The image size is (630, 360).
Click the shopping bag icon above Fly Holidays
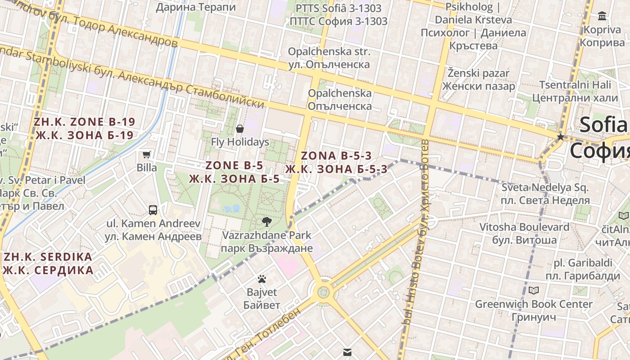(240, 129)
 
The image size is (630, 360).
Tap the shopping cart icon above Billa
(146, 155)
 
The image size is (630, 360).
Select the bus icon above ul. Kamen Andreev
(153, 210)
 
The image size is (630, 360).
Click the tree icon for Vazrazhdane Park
(266, 221)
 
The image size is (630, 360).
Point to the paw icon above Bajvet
(262, 279)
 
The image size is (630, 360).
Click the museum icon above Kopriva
(602, 17)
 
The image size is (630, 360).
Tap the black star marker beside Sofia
(560, 136)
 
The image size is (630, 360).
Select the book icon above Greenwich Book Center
(534, 290)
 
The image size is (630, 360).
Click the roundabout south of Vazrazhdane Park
(323, 292)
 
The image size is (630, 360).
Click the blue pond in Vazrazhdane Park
(231, 208)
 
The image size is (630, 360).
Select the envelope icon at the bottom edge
(347, 352)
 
